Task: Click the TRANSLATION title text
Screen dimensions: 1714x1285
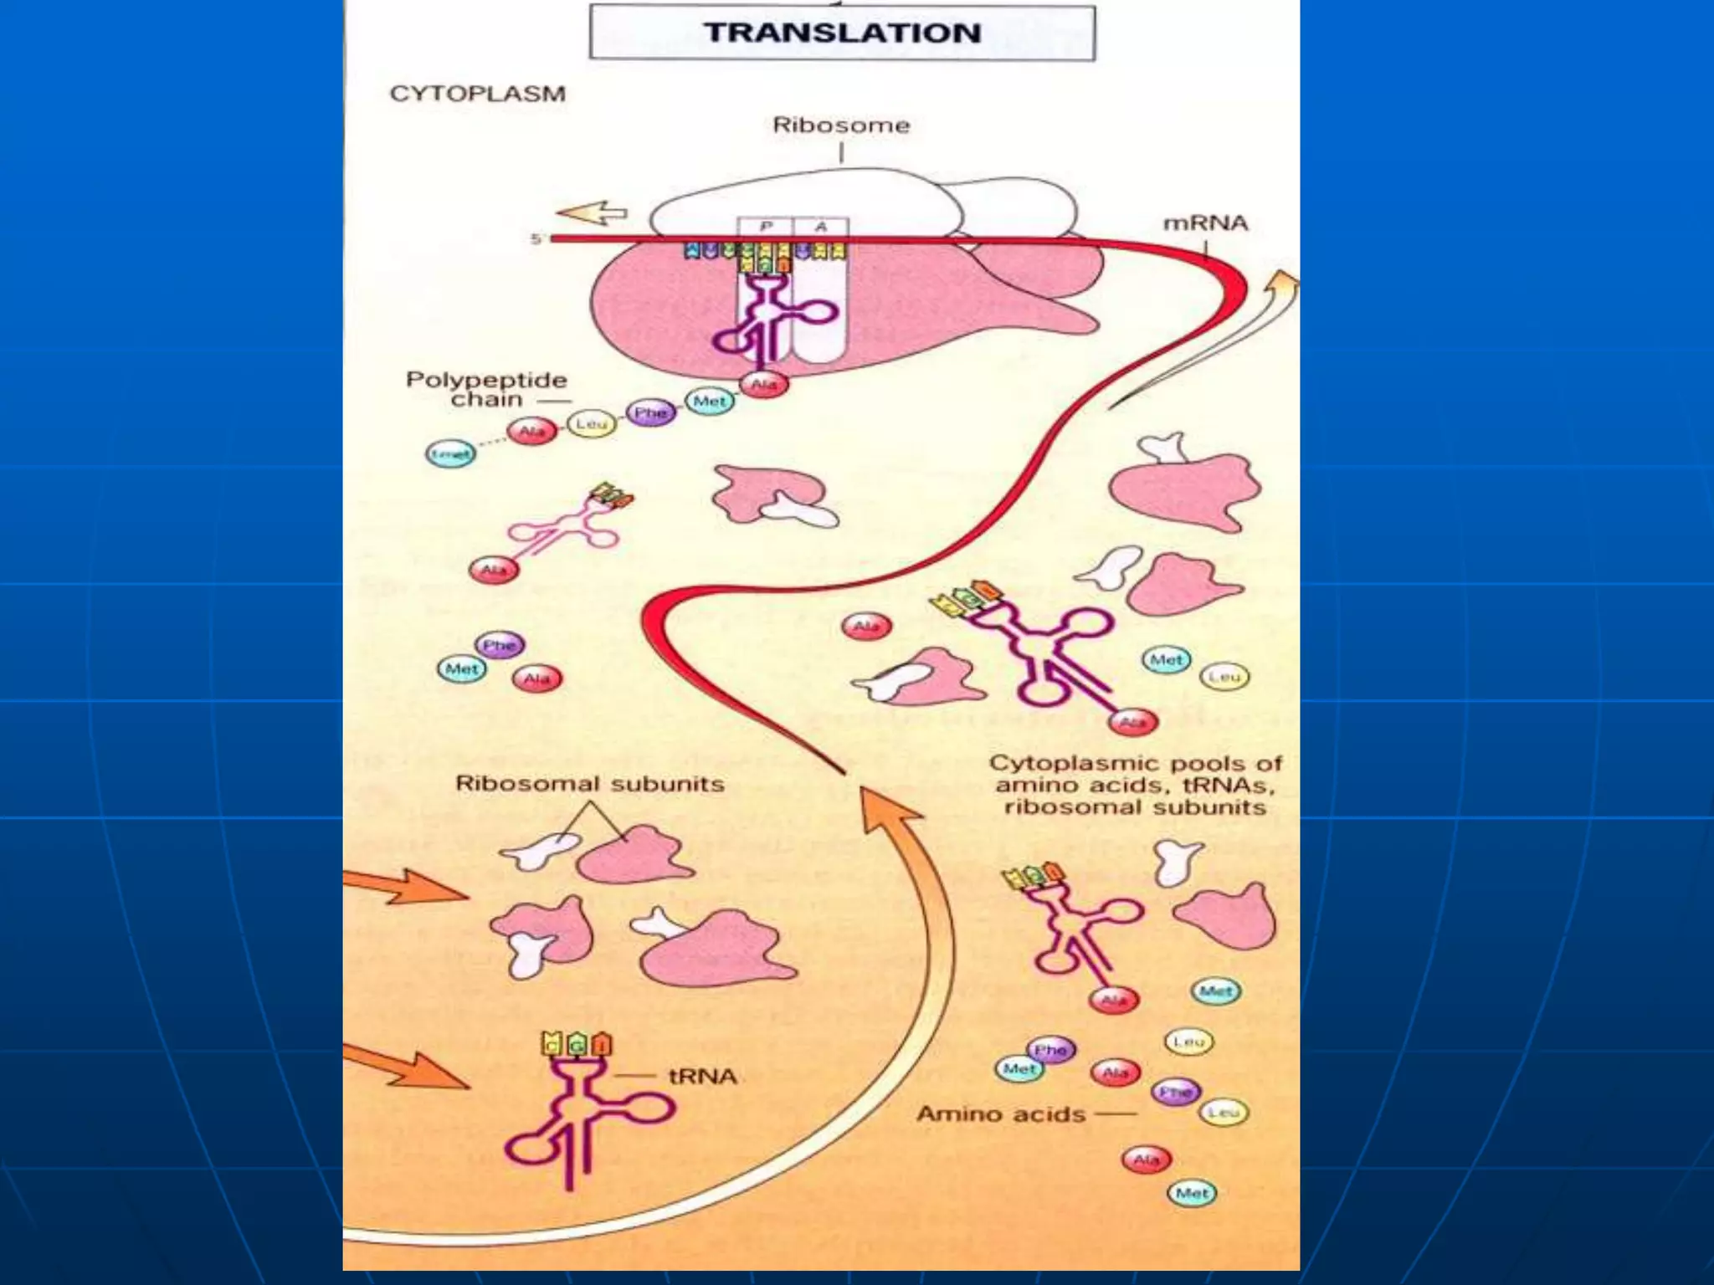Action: (842, 33)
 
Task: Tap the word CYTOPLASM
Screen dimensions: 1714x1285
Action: (477, 93)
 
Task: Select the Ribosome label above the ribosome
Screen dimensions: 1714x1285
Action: (840, 125)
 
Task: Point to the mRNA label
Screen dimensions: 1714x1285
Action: (1205, 223)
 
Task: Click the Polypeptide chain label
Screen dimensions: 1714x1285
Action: (486, 389)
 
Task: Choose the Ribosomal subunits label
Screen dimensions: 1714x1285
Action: (589, 784)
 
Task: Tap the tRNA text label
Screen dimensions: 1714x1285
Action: (702, 1076)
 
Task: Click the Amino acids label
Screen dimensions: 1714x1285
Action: (1001, 1114)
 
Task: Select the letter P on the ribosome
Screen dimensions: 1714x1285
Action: (765, 227)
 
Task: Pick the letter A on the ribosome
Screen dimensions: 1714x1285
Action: (821, 227)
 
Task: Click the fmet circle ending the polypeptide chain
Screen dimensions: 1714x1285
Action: (450, 454)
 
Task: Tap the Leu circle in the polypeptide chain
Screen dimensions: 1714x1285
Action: (591, 424)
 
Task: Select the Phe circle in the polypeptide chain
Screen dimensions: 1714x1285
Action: (650, 412)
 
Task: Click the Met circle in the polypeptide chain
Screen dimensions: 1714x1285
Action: (710, 402)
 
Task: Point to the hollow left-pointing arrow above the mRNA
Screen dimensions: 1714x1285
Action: (593, 214)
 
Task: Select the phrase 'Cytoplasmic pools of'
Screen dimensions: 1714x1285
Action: (1135, 763)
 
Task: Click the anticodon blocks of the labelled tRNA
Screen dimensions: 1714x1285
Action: (577, 1044)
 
